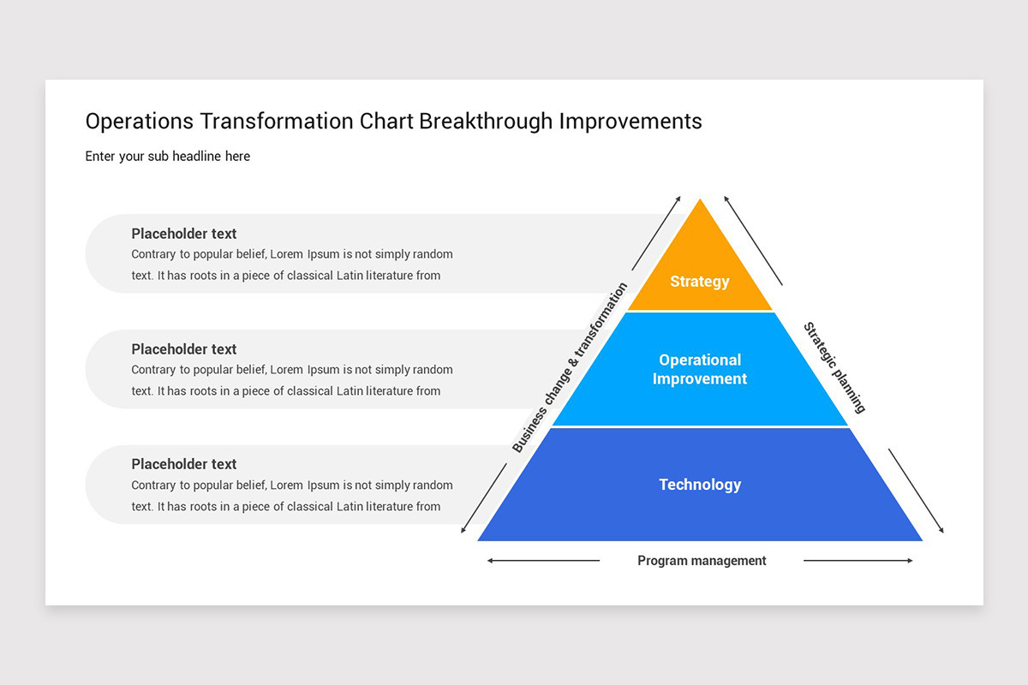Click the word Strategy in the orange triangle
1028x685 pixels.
pyautogui.click(x=699, y=282)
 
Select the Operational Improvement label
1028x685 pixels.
pyautogui.click(x=699, y=369)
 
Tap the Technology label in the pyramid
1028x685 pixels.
pyautogui.click(x=699, y=485)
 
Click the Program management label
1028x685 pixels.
pyautogui.click(x=702, y=561)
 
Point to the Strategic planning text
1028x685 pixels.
pyautogui.click(x=834, y=367)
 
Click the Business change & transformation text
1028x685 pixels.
pyautogui.click(x=570, y=367)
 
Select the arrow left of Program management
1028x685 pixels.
pyautogui.click(x=543, y=561)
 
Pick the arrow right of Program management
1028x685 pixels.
pyautogui.click(x=858, y=561)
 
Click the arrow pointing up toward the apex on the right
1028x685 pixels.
pyautogui.click(x=753, y=241)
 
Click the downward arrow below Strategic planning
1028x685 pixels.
pyautogui.click(x=916, y=491)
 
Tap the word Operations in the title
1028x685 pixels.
pyautogui.click(x=140, y=122)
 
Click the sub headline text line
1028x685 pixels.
pyautogui.click(x=168, y=157)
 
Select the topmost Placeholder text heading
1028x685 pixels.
pyautogui.click(x=183, y=234)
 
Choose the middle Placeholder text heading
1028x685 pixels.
pyautogui.click(x=183, y=349)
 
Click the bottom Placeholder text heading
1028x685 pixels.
pyautogui.click(x=183, y=464)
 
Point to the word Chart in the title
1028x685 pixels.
pyautogui.click(x=385, y=122)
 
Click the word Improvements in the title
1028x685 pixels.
pyautogui.click(x=631, y=122)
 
